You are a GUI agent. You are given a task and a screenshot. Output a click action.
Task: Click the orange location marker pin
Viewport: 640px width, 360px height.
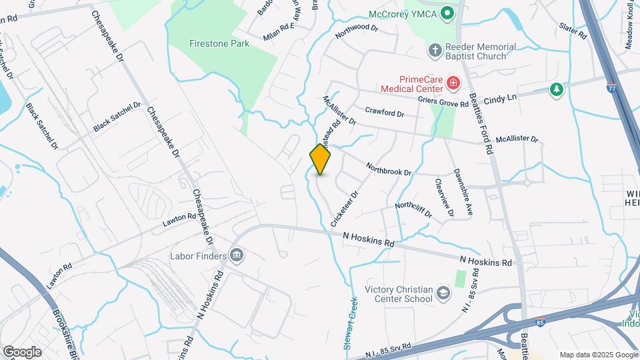click(x=320, y=159)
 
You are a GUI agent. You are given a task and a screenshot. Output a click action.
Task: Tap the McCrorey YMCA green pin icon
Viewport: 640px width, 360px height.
click(x=448, y=13)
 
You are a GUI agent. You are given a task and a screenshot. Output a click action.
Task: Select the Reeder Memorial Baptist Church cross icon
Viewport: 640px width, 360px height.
click(x=434, y=51)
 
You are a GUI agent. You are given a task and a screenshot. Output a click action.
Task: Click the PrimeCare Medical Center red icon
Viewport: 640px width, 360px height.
click(x=453, y=83)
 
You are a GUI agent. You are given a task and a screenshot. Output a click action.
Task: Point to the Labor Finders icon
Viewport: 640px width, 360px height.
click(x=236, y=255)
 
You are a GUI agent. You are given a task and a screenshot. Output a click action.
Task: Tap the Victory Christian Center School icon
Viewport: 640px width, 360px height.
click(x=443, y=293)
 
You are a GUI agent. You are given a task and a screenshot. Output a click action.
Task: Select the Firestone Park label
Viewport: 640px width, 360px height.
click(x=218, y=44)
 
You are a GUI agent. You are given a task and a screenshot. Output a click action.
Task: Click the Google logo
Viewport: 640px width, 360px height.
click(x=22, y=351)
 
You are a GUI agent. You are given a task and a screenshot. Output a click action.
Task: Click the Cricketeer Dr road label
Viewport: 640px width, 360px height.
click(x=345, y=209)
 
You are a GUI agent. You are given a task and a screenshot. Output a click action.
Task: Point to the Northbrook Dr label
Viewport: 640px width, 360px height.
click(x=389, y=168)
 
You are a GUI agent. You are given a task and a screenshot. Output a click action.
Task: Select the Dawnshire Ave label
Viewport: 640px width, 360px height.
click(x=463, y=190)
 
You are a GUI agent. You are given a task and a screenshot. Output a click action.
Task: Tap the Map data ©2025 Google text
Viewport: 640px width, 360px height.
click(x=598, y=355)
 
